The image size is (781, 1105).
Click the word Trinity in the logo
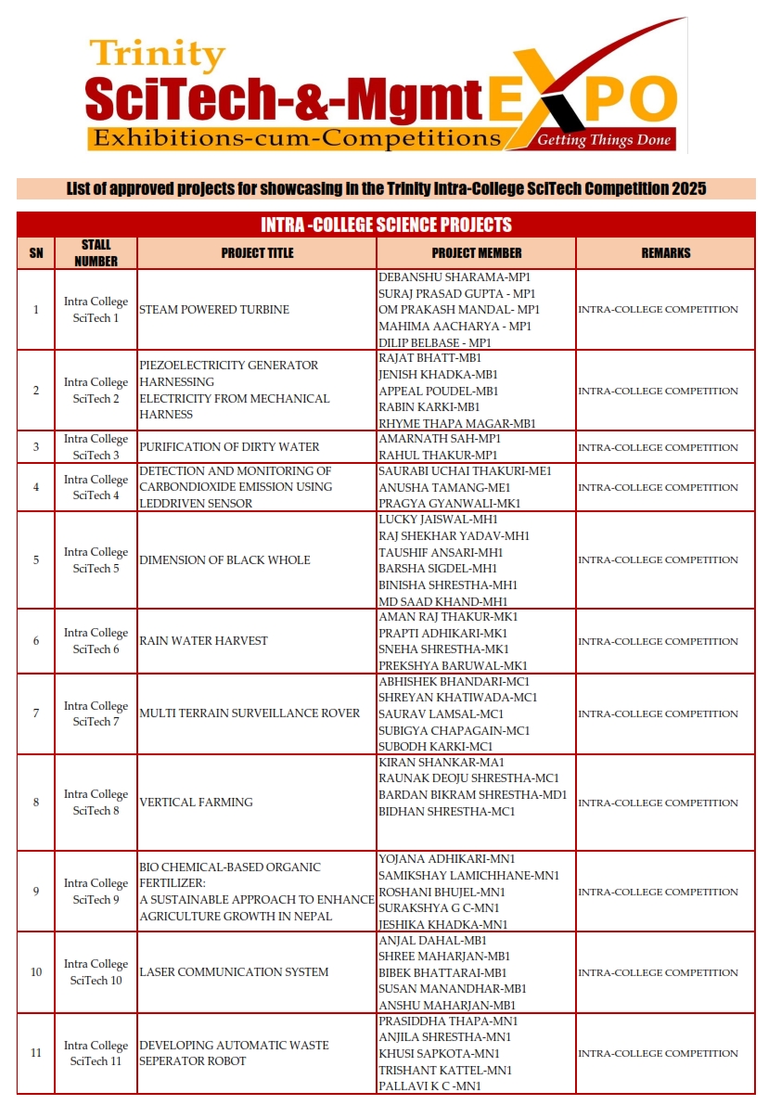(x=157, y=56)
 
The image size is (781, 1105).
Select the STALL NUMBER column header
(x=96, y=253)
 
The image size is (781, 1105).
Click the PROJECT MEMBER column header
(x=477, y=252)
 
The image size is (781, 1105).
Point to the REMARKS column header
(x=666, y=252)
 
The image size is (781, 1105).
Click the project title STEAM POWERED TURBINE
(x=214, y=310)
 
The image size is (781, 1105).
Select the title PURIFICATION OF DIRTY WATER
(x=227, y=447)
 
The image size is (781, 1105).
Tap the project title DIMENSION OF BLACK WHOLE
(x=224, y=560)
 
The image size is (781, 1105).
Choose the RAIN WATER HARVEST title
(x=203, y=641)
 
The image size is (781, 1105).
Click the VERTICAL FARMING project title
(x=196, y=803)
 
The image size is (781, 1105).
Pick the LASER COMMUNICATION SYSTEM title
(x=234, y=972)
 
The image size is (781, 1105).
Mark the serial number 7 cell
(x=36, y=713)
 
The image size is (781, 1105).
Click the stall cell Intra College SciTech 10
(x=96, y=972)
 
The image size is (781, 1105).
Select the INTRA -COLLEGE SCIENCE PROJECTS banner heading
(x=386, y=225)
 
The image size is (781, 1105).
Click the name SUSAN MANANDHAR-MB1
(x=453, y=989)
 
